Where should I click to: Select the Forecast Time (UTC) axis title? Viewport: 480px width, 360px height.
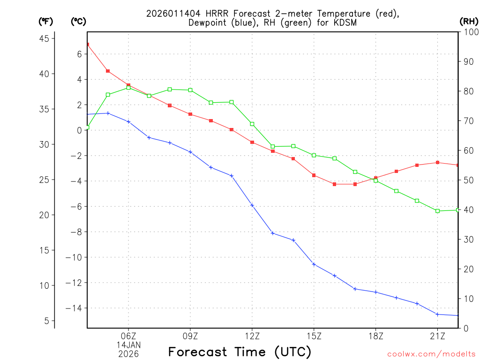(x=240, y=352)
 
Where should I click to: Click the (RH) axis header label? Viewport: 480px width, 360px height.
(x=468, y=21)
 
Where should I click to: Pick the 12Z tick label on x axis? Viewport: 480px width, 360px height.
(x=252, y=336)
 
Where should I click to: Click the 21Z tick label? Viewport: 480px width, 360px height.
(x=437, y=336)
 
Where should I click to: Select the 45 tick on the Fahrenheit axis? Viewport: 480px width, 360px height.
(x=46, y=38)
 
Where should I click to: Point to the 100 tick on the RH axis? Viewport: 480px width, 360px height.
(x=469, y=31)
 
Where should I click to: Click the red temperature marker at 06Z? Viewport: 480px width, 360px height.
(x=128, y=85)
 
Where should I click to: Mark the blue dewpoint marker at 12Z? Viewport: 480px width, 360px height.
(x=252, y=205)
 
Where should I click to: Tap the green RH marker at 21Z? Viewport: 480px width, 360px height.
(x=437, y=211)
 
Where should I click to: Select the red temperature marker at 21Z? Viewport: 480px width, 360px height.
(x=437, y=162)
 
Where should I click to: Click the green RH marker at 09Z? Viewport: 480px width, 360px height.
(x=190, y=90)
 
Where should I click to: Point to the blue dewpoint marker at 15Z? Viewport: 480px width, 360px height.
(x=314, y=264)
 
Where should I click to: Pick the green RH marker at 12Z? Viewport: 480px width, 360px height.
(x=252, y=124)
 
